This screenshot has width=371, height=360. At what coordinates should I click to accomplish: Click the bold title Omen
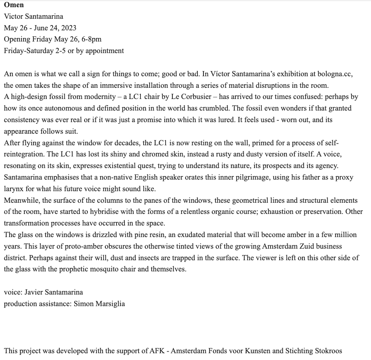(14, 5)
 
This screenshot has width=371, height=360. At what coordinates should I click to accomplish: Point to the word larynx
(14, 188)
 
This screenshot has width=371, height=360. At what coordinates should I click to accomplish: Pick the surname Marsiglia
(108, 304)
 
